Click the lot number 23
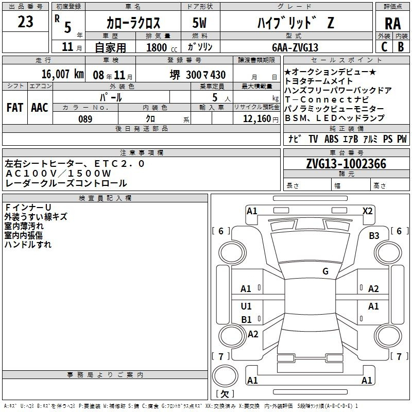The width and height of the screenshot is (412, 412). [x=25, y=22]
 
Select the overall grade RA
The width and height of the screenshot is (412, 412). [x=392, y=24]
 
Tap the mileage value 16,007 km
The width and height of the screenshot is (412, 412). [x=63, y=74]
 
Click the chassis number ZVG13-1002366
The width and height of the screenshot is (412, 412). [x=346, y=164]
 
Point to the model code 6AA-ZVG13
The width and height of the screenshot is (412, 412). [x=295, y=47]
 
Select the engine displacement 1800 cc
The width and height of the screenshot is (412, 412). [x=162, y=48]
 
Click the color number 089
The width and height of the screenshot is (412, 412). [x=85, y=119]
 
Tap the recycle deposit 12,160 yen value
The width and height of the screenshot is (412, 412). [x=261, y=119]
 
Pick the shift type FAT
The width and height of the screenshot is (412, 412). [x=15, y=108]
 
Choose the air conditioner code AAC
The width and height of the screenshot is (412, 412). [x=40, y=108]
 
